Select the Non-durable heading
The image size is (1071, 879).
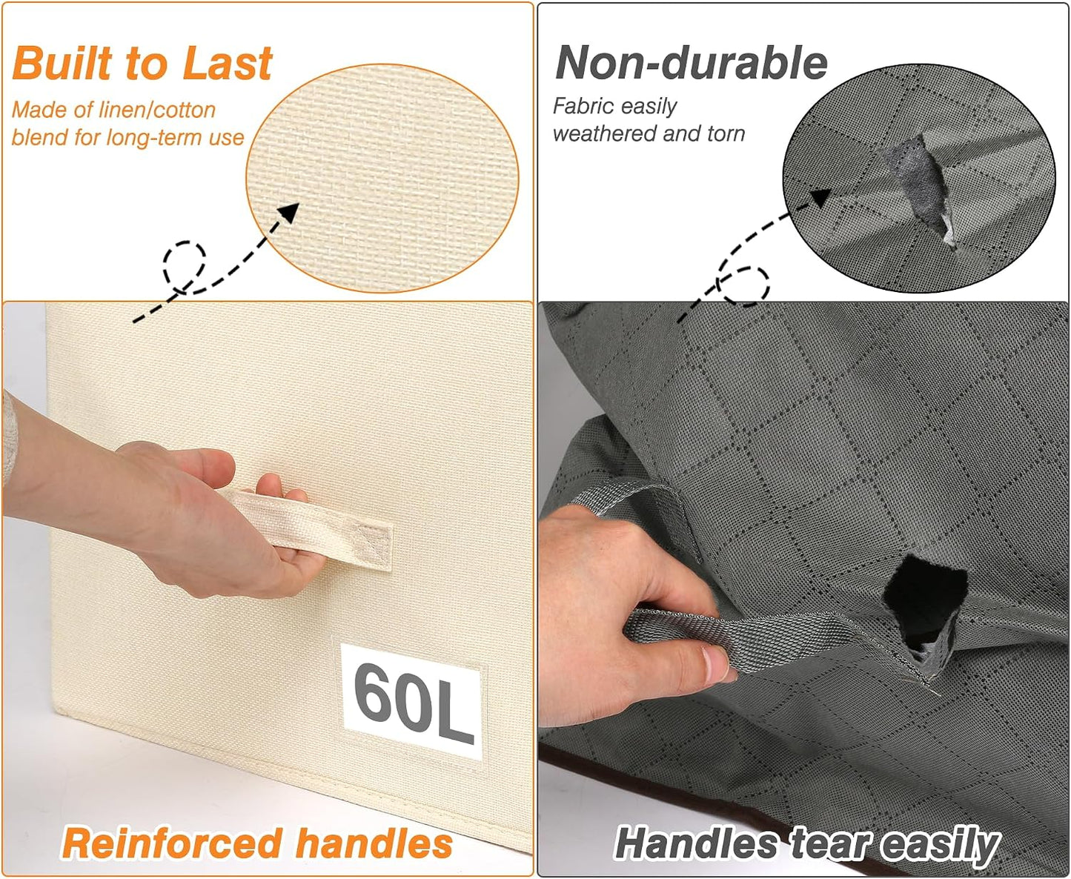(x=692, y=63)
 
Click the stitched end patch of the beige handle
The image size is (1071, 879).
(x=374, y=546)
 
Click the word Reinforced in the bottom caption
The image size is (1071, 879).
(x=172, y=843)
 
